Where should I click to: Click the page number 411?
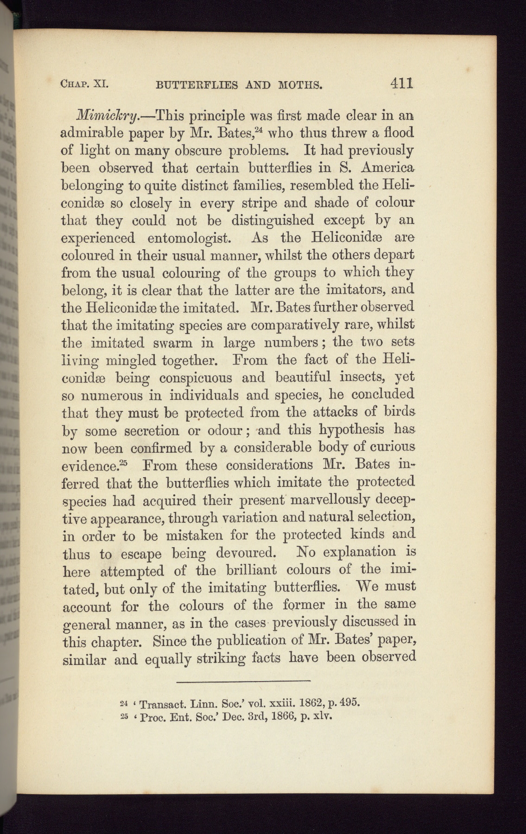(x=401, y=83)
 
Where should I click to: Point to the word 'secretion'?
(x=152, y=431)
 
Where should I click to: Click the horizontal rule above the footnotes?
(x=243, y=681)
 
